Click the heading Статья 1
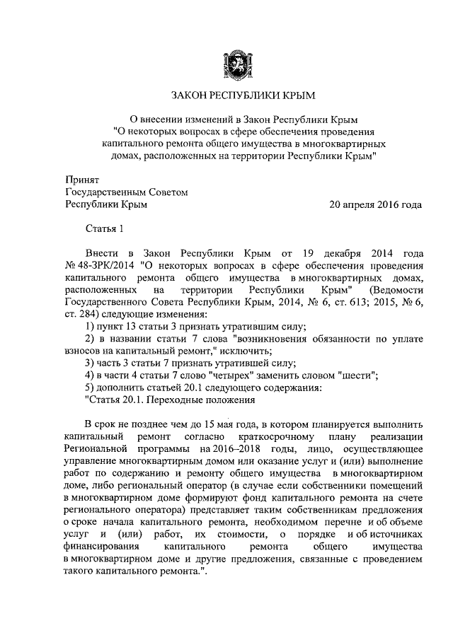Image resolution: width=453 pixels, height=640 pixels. point(105,228)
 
